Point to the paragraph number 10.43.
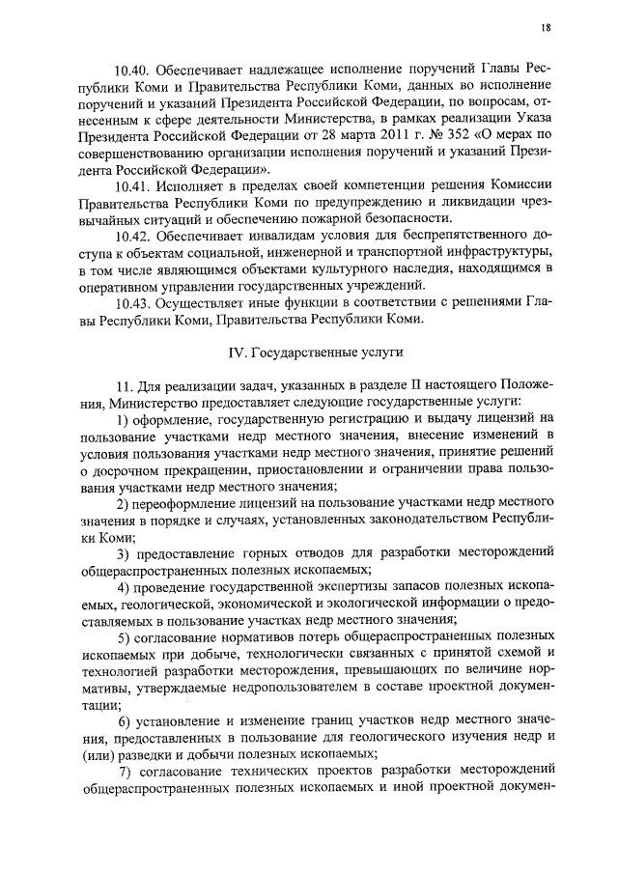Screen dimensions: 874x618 (132, 302)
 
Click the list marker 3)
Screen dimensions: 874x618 (125, 553)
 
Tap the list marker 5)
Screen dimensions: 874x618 (125, 637)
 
